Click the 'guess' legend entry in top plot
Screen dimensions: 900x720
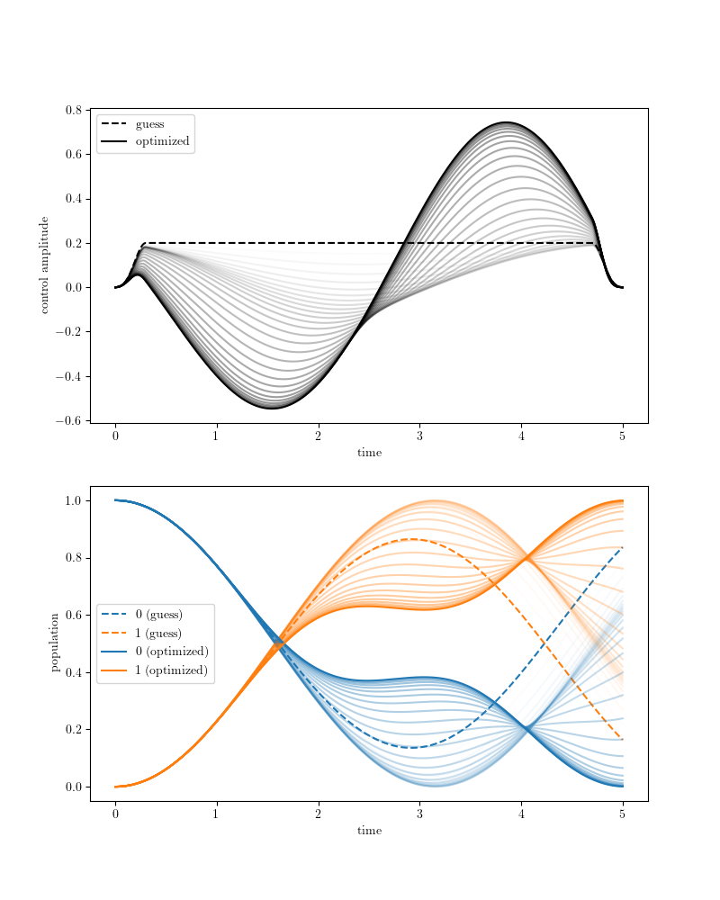pyautogui.click(x=149, y=124)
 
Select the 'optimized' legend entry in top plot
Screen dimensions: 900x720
pyautogui.click(x=162, y=141)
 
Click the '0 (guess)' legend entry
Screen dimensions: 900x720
pyautogui.click(x=158, y=615)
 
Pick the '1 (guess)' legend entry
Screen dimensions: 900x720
pyautogui.click(x=158, y=634)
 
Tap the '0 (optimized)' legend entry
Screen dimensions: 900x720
pyautogui.click(x=171, y=652)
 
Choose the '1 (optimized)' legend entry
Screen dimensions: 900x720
pyautogui.click(x=171, y=670)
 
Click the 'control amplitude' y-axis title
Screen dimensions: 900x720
pyautogui.click(x=43, y=265)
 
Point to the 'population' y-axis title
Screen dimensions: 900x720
pyautogui.click(x=55, y=643)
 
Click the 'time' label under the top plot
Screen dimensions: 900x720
pyautogui.click(x=369, y=453)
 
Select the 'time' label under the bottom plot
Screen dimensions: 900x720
pyautogui.click(x=369, y=831)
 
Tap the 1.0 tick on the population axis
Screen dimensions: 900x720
pyautogui.click(x=74, y=500)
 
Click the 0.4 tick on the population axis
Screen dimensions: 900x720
pyautogui.click(x=74, y=672)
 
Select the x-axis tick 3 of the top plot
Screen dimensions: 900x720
pyautogui.click(x=419, y=436)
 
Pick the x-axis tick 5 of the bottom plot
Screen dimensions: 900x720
pyautogui.click(x=622, y=814)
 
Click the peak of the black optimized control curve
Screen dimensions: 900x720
pyautogui.click(x=507, y=121)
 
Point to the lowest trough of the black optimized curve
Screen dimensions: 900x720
pyautogui.click(x=272, y=409)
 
